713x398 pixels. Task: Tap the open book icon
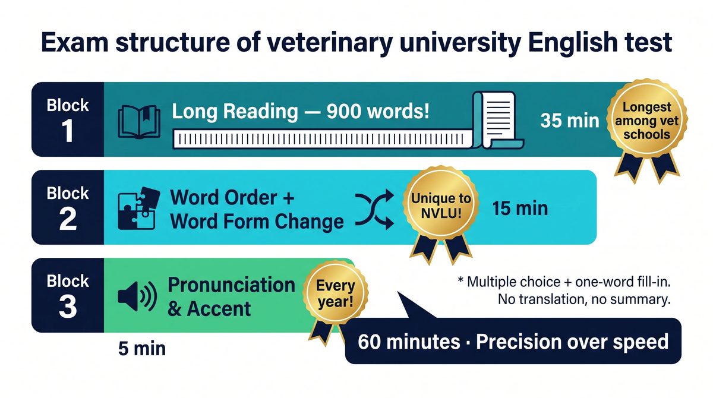pyautogui.click(x=139, y=122)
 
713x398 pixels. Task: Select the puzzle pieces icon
pyautogui.click(x=139, y=209)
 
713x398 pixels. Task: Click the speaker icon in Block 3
pyautogui.click(x=137, y=296)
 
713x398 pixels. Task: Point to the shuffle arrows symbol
pyautogui.click(x=375, y=209)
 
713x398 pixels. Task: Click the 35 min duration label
pyautogui.click(x=570, y=121)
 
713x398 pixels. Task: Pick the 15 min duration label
pyautogui.click(x=520, y=209)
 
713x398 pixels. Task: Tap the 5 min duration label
pyautogui.click(x=142, y=349)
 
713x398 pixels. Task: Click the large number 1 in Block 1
pyautogui.click(x=68, y=131)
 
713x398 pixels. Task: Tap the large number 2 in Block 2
pyautogui.click(x=68, y=219)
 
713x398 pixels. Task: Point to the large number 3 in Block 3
pyautogui.click(x=68, y=307)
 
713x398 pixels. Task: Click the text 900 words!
pyautogui.click(x=378, y=111)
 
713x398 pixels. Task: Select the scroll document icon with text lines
pyautogui.click(x=497, y=120)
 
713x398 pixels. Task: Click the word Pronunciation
pyautogui.click(x=231, y=285)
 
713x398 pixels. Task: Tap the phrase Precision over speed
pyautogui.click(x=572, y=342)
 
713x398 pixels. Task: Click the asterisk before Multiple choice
pyautogui.click(x=460, y=280)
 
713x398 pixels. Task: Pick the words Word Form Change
pyautogui.click(x=257, y=221)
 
